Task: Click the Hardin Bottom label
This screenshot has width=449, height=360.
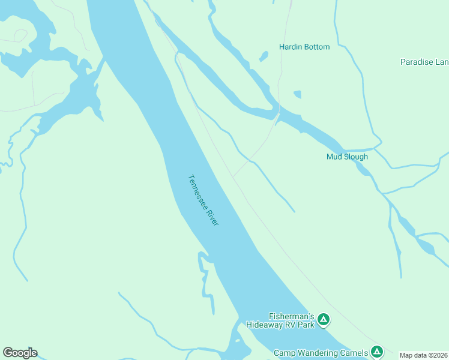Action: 304,47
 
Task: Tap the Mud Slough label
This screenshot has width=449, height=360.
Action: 347,157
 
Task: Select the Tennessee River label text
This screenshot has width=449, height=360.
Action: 203,200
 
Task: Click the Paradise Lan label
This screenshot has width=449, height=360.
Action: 424,62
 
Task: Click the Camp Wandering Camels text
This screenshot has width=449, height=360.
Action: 320,353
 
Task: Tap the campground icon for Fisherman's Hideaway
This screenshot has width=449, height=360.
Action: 324,320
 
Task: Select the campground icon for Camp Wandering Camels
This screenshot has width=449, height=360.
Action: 376,352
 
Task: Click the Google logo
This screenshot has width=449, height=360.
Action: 20,353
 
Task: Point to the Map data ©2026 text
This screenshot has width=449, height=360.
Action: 424,355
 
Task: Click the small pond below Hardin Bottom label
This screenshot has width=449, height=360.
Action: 297,94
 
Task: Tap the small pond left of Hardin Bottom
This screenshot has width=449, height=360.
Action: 263,57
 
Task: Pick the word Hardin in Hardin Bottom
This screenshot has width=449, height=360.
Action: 291,47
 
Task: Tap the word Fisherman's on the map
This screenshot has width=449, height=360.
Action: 292,316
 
